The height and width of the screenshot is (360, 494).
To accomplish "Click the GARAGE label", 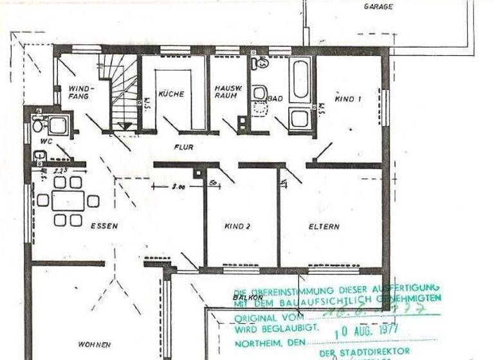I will (378, 6).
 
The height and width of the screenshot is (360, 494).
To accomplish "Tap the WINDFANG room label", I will (82, 92).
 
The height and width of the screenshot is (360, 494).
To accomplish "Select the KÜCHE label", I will (171, 94).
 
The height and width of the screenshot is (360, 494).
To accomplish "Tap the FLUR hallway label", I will (183, 147).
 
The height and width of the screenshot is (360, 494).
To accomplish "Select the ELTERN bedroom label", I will (324, 226).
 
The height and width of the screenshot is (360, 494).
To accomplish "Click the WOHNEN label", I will (95, 345).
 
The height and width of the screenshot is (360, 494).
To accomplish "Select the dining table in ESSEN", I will (68, 201).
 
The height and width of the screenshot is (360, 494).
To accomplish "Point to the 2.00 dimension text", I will (178, 187).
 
